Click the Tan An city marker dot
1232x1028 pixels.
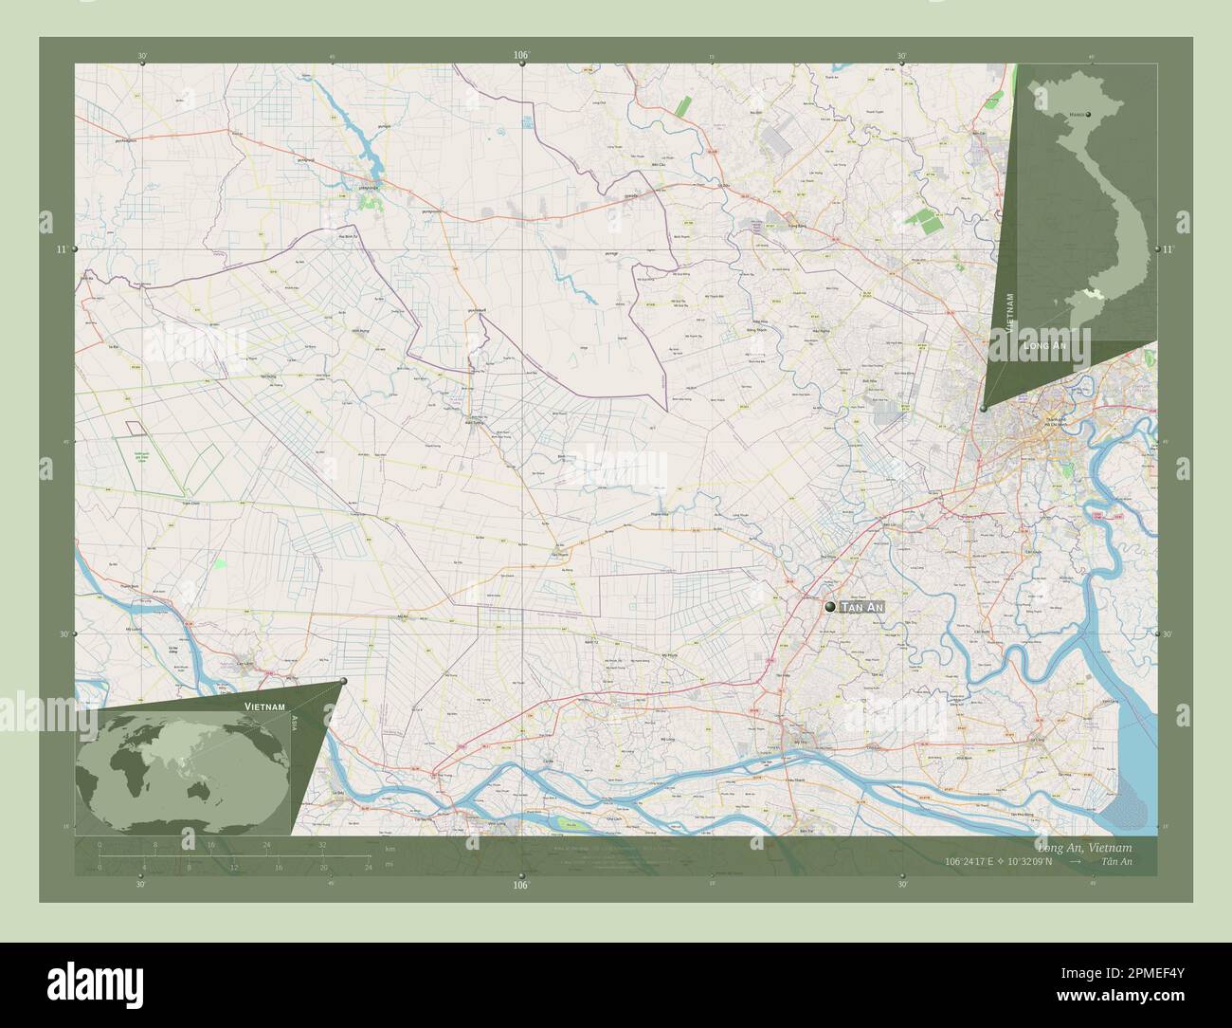coord(830,606)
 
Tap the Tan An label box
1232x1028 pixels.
coord(862,606)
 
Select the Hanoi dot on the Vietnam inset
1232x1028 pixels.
coord(1089,114)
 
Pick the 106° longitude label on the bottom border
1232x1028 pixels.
coord(520,885)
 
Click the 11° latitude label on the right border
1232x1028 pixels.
coord(1168,248)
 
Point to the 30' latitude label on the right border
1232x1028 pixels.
coord(1168,634)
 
